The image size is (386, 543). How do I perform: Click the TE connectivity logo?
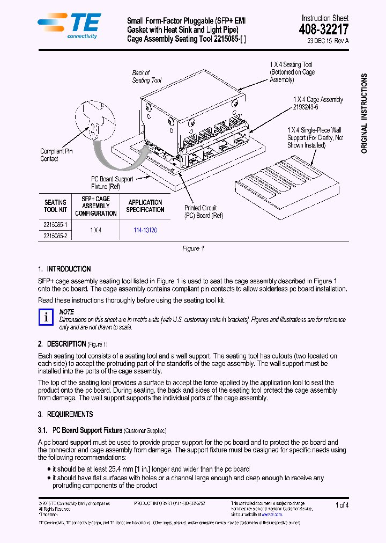pyautogui.click(x=69, y=25)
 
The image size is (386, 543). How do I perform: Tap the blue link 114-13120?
pyautogui.click(x=145, y=230)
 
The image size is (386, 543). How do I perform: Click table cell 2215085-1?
pyautogui.click(x=55, y=225)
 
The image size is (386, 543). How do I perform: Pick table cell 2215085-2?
pyautogui.click(x=55, y=236)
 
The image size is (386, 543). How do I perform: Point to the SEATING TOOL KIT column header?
pyautogui.click(x=55, y=206)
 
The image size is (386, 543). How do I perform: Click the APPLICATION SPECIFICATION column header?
pyautogui.click(x=145, y=206)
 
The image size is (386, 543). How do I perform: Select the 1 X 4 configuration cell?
pyautogui.click(x=95, y=230)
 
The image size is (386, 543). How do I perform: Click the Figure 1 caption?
pyautogui.click(x=194, y=248)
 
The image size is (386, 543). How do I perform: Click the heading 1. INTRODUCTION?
pyautogui.click(x=64, y=269)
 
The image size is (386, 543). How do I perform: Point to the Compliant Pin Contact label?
pyautogui.click(x=56, y=155)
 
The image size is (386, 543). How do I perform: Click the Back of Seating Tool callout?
pyautogui.click(x=146, y=77)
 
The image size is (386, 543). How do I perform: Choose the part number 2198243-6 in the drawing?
pyautogui.click(x=306, y=107)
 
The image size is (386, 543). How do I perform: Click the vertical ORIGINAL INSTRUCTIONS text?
pyautogui.click(x=365, y=114)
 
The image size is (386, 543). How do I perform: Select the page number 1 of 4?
pyautogui.click(x=342, y=505)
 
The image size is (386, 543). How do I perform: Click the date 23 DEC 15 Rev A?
pyautogui.click(x=328, y=41)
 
